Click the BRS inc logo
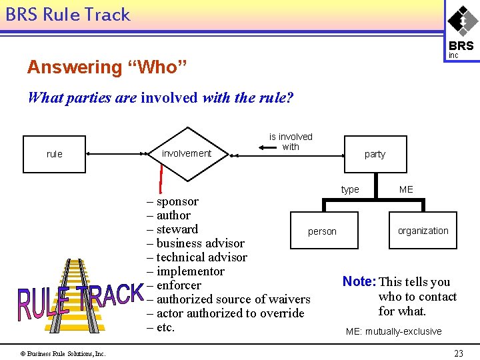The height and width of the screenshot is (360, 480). coord(461,31)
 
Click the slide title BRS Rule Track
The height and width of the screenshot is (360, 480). coord(67,15)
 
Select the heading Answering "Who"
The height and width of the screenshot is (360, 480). coord(107,67)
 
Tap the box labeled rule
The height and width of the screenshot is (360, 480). coord(55,154)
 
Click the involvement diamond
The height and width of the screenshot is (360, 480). coord(187,154)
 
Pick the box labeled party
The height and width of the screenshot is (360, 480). coord(375,154)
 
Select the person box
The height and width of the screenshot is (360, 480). coord(322,231)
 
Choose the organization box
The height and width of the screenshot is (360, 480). coord(423,231)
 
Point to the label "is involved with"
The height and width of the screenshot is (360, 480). coord(291,141)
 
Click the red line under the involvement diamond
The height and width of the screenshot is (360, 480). coord(161,178)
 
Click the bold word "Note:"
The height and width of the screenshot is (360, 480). coord(359,282)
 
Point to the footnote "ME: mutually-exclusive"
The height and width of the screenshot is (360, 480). coord(393,331)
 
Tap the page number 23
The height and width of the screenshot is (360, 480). coord(458,353)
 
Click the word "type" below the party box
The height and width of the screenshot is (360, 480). coord(350,189)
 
